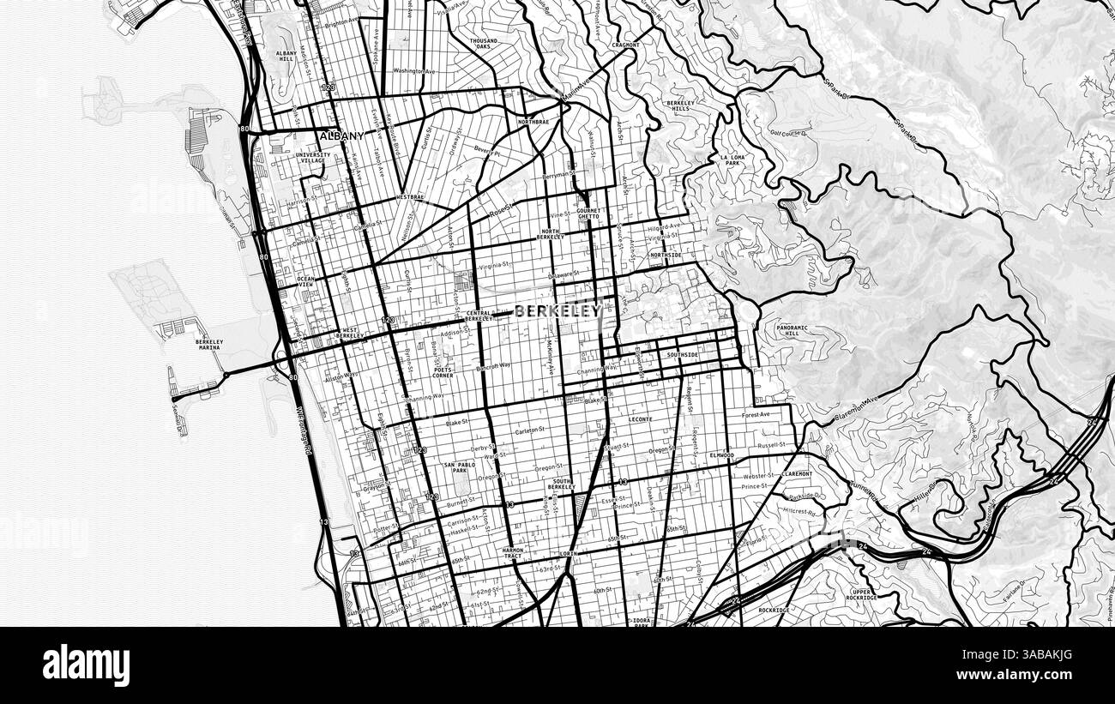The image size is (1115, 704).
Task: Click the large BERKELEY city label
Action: coord(557,312)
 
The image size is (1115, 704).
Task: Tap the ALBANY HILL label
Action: coord(286,57)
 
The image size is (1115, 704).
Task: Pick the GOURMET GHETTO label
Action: coord(589,213)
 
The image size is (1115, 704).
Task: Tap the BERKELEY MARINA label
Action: coord(209,345)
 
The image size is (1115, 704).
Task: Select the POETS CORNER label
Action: coord(443,372)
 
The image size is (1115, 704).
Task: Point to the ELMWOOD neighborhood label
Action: coord(721,454)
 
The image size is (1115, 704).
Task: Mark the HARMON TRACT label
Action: coord(513,553)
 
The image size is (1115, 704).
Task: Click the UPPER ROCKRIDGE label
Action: coord(863,594)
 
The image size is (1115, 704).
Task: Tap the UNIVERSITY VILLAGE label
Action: coord(311,157)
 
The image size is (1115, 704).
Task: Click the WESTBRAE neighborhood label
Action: coord(410,197)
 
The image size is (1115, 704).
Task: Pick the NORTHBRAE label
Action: coord(533,122)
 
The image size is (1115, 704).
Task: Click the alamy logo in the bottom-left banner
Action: coord(86,665)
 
